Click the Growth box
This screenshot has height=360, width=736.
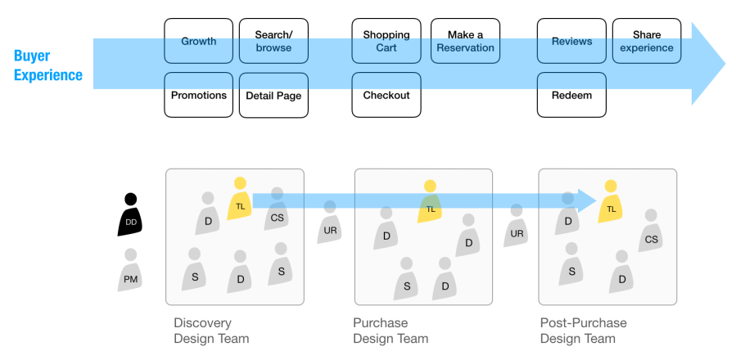click(199, 41)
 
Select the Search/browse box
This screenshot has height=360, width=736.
click(273, 41)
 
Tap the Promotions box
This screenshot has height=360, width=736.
click(199, 95)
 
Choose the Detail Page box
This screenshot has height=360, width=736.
click(273, 95)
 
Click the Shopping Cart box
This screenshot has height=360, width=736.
click(386, 41)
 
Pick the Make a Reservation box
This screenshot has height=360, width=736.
click(465, 41)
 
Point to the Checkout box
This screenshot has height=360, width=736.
click(386, 95)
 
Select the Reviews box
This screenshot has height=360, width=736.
click(571, 41)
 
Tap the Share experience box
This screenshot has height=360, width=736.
click(647, 41)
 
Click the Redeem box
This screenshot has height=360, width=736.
click(571, 95)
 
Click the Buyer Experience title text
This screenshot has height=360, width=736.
click(48, 65)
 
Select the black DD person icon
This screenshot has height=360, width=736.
click(131, 215)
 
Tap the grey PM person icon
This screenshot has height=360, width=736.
click(131, 271)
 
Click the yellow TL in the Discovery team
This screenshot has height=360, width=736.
click(239, 200)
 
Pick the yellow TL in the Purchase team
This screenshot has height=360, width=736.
click(431, 202)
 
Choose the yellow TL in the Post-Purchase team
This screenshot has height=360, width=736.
click(611, 202)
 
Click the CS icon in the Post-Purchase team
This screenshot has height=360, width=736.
click(651, 232)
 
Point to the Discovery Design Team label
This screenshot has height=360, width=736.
click(211, 331)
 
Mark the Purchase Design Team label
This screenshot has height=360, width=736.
click(391, 331)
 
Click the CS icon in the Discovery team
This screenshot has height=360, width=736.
click(278, 210)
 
